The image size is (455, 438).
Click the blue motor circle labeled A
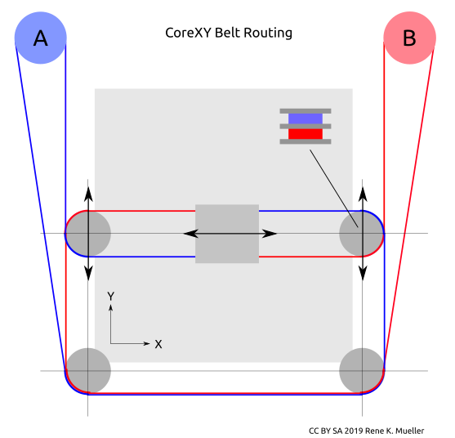tap(41, 38)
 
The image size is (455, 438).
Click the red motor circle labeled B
tap(410, 38)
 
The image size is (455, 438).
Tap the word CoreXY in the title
tap(189, 33)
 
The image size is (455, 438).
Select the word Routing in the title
tap(268, 34)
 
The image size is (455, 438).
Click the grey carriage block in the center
tap(227, 234)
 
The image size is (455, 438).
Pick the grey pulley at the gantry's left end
tap(88, 234)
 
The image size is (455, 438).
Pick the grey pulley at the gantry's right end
tap(362, 234)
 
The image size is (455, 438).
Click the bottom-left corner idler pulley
tap(88, 371)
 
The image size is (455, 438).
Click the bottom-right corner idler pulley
tap(362, 371)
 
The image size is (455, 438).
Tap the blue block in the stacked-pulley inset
tap(306, 118)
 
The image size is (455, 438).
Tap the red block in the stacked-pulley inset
tap(306, 134)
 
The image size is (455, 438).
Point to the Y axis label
tap(110, 297)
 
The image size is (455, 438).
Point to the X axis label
tap(158, 344)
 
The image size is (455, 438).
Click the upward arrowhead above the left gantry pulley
tap(88, 194)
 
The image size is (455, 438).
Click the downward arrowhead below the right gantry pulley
tap(363, 273)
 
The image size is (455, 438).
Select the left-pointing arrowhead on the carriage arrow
tap(191, 234)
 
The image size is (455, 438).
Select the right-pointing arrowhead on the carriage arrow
tap(270, 234)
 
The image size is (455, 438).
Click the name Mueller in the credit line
tap(412, 431)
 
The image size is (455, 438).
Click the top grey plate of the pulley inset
tap(306, 111)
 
